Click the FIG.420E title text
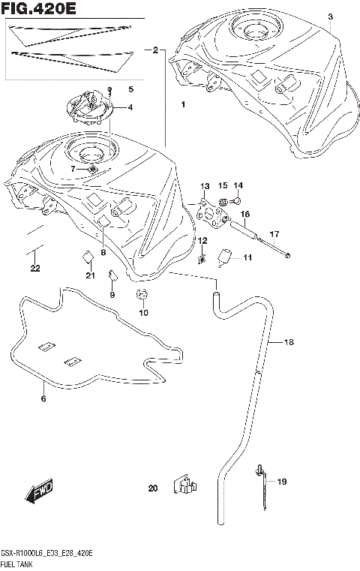[x=39, y=10]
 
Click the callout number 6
[x=43, y=398]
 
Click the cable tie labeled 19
[x=262, y=488]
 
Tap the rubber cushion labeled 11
[x=223, y=259]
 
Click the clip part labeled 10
[x=142, y=295]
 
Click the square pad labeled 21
[x=87, y=257]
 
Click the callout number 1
[x=182, y=105]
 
